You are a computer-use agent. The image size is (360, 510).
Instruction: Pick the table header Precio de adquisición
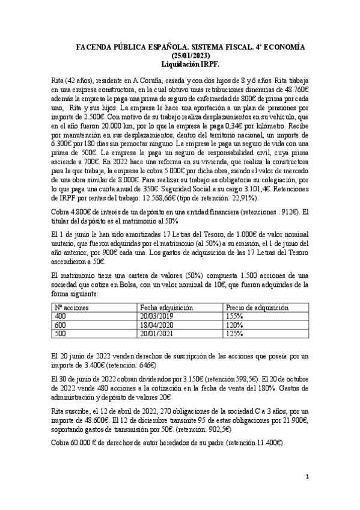[x=257, y=307]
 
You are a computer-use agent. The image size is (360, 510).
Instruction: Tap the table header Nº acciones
[x=72, y=307]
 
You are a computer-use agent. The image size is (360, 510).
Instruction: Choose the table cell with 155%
[x=234, y=316]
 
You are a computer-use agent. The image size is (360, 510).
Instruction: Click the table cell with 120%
[x=234, y=324]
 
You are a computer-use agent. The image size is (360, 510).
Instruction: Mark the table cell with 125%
[x=234, y=333]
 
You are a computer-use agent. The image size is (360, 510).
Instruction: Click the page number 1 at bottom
[x=307, y=478]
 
